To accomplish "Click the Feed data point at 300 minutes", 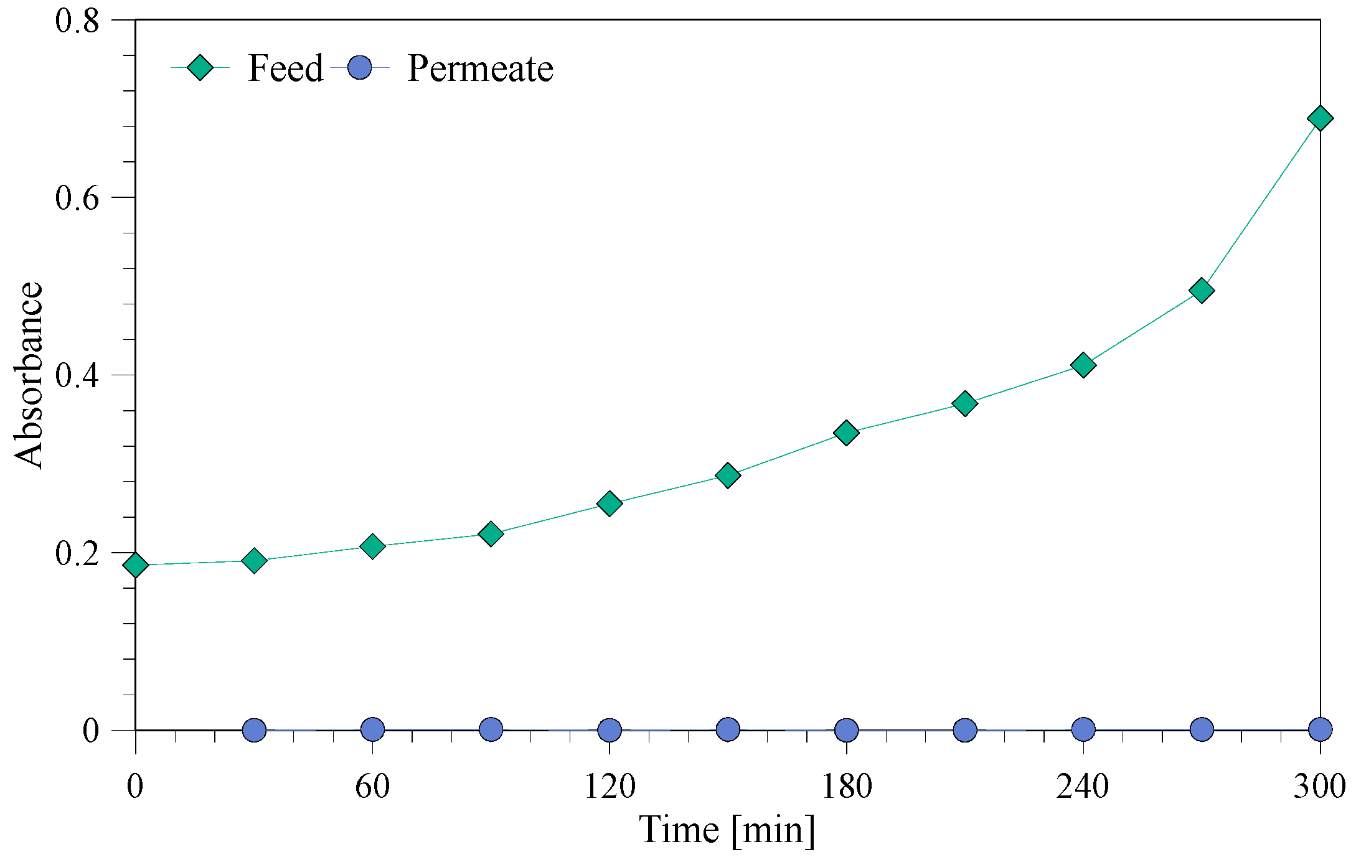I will (x=1320, y=118).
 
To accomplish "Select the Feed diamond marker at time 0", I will (x=136, y=565).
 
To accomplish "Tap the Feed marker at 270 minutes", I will (x=1202, y=291).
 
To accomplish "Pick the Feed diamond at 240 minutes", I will (x=1083, y=365).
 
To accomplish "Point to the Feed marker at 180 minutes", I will (x=846, y=432).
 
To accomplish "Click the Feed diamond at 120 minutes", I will (x=610, y=503).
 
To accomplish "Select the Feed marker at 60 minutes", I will (x=372, y=546).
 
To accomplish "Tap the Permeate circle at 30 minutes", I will (x=254, y=729).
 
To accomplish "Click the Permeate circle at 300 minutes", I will (x=1320, y=729).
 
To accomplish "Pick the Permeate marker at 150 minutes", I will (x=728, y=729).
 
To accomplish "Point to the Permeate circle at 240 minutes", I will (x=1083, y=729).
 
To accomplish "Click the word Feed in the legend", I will (x=286, y=68).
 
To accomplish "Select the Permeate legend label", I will (x=480, y=68).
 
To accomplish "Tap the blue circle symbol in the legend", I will (x=359, y=67).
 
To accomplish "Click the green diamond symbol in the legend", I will (x=200, y=67).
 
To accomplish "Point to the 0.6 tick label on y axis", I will (x=77, y=198).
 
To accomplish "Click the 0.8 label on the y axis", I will (x=77, y=21).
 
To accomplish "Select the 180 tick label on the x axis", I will (x=846, y=785).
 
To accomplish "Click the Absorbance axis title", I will (x=29, y=375).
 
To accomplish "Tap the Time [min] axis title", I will (x=727, y=830).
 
